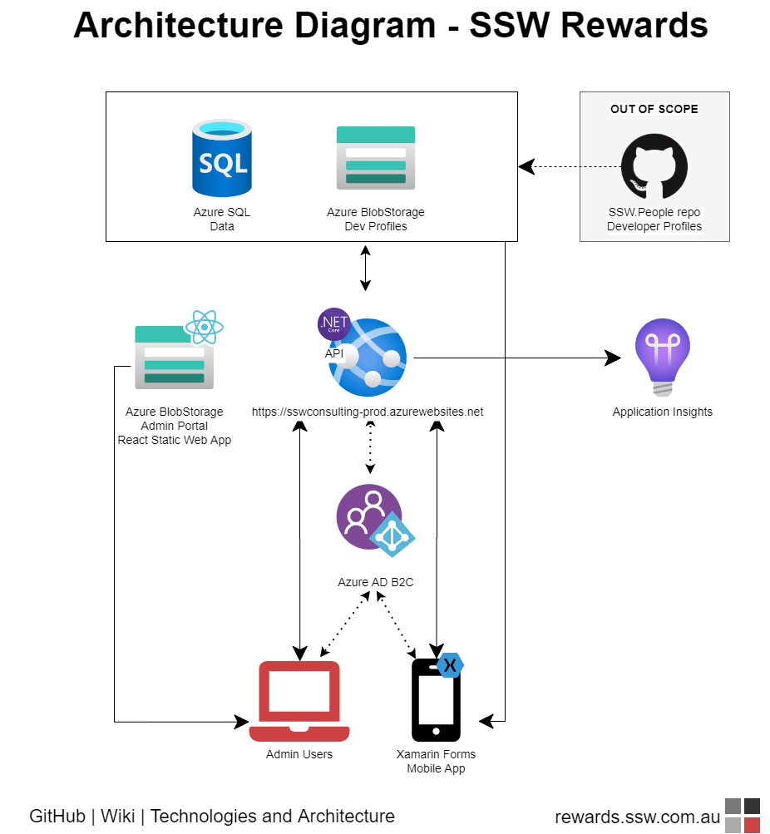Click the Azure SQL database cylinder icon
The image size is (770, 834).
tap(221, 158)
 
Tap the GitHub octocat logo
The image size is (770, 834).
tap(654, 166)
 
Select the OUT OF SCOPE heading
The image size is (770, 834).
tap(654, 109)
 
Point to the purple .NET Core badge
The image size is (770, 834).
tap(334, 324)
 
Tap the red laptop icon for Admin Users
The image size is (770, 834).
tap(299, 700)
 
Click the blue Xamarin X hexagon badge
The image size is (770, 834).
tap(450, 665)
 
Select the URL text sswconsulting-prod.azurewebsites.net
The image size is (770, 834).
tap(368, 412)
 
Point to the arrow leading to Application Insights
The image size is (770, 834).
tap(516, 358)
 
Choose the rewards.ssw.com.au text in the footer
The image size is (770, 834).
tap(637, 817)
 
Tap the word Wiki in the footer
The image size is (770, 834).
tap(118, 817)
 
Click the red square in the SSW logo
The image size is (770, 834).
tap(753, 825)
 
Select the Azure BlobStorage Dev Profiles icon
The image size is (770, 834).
tap(376, 158)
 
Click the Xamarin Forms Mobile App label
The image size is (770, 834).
tap(436, 762)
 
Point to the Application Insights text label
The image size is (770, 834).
tap(662, 412)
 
